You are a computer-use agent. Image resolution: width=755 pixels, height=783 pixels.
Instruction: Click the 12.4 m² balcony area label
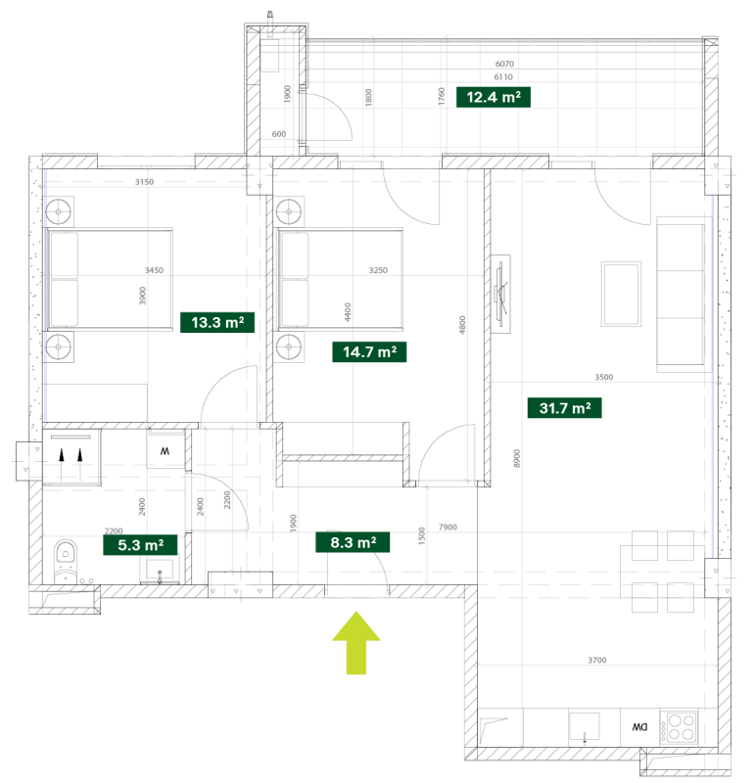point(494,97)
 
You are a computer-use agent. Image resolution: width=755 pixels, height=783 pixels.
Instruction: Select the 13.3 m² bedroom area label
point(217,323)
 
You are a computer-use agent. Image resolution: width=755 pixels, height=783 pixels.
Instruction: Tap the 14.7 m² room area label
point(369,352)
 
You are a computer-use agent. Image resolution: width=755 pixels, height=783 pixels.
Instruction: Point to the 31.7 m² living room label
point(565,408)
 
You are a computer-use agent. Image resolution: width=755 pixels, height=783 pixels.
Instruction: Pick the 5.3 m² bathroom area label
point(140,545)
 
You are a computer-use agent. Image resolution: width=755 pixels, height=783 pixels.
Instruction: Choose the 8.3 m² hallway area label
point(353,542)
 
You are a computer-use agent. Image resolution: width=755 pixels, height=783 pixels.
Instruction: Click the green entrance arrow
point(356,643)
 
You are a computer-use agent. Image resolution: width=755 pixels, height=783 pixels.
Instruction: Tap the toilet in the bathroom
point(66,560)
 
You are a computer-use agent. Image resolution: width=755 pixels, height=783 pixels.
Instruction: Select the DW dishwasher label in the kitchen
point(639,727)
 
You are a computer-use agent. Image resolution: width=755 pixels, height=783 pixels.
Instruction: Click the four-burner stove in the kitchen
point(679,727)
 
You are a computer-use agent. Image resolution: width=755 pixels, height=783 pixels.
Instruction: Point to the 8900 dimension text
point(517,458)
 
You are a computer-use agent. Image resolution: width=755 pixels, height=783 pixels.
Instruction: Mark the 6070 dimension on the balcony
point(504,64)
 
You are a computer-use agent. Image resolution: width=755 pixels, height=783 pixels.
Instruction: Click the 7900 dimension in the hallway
point(448,528)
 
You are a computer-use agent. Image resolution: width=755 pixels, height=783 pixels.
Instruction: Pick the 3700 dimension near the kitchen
point(597,660)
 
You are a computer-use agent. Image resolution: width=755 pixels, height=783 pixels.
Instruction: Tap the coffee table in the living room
point(621,295)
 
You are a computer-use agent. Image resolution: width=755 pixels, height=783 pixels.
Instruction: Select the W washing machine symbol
point(165,451)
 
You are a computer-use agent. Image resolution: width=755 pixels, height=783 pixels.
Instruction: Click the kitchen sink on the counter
point(584,726)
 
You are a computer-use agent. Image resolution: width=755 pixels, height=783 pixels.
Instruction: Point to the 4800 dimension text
point(462,325)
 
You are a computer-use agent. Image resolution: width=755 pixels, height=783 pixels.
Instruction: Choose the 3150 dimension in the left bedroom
point(144,182)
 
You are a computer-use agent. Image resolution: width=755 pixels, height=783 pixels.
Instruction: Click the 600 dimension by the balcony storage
point(279,134)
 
